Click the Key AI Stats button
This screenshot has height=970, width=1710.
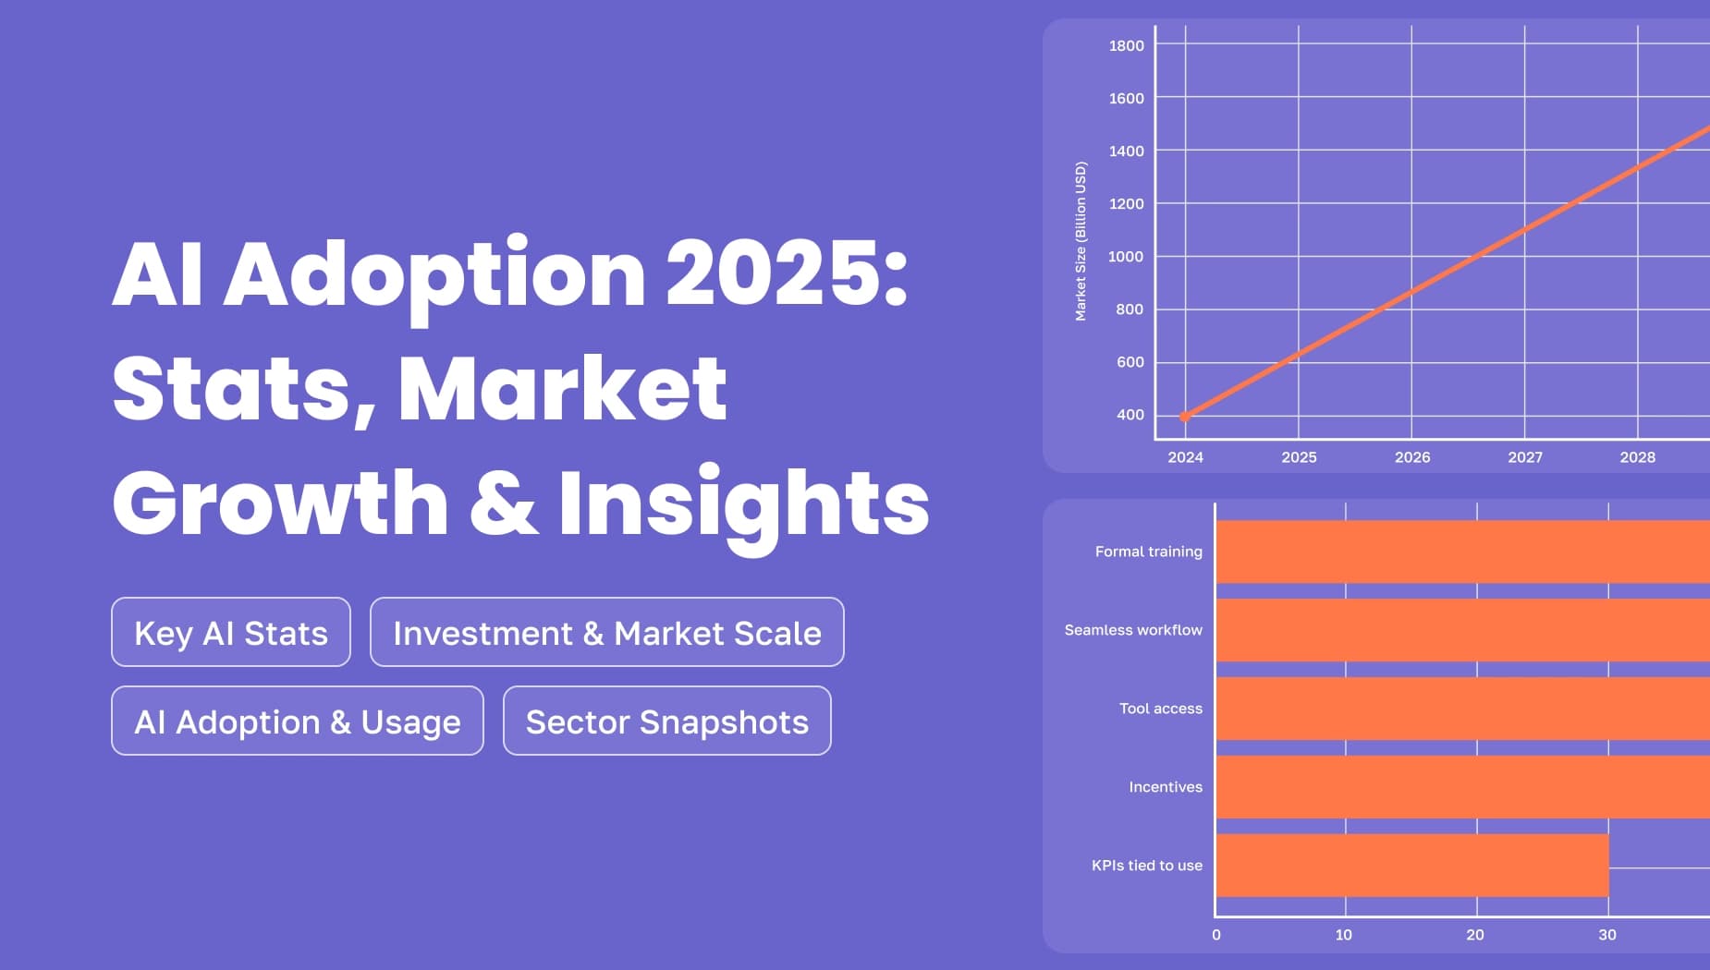click(x=231, y=633)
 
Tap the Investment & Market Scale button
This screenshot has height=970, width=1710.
click(x=606, y=633)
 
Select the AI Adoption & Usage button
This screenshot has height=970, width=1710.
click(x=297, y=721)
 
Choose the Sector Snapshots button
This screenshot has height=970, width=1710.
click(x=666, y=721)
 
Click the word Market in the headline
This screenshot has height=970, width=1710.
click(x=563, y=388)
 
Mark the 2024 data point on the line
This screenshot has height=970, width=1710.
click(x=1185, y=417)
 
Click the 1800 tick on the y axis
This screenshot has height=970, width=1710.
click(x=1126, y=45)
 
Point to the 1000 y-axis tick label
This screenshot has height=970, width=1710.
click(x=1126, y=257)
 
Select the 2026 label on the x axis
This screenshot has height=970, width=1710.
click(x=1411, y=457)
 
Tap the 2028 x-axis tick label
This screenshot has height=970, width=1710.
click(x=1637, y=457)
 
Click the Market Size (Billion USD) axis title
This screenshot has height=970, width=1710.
click(x=1081, y=241)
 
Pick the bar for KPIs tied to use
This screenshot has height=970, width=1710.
click(x=1411, y=866)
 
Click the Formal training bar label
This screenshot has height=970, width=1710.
click(x=1148, y=552)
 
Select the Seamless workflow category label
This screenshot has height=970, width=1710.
click(x=1132, y=630)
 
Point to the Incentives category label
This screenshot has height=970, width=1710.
click(x=1165, y=787)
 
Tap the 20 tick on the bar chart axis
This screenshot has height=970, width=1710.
click(x=1475, y=935)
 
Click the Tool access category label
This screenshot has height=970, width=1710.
click(x=1160, y=709)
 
